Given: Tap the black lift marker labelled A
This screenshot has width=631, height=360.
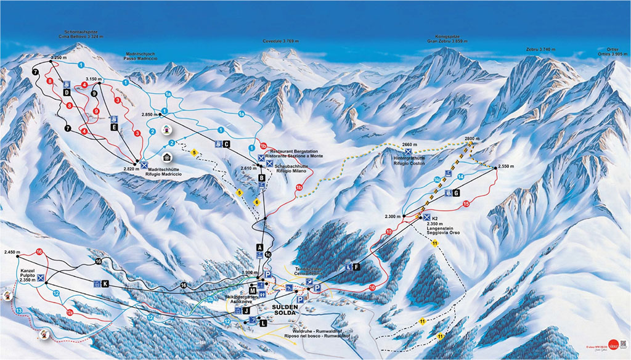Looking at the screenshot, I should point(260,248).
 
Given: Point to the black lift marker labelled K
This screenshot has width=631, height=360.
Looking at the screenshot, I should point(105,284).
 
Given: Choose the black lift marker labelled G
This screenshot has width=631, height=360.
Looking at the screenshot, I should point(457,193).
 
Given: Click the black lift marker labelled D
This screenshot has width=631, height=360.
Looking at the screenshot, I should point(66,92).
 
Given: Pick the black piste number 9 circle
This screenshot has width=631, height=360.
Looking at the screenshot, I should point(94,94).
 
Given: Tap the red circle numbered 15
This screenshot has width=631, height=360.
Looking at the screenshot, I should point(466,203).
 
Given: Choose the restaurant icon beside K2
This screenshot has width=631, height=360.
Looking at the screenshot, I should point(426,218).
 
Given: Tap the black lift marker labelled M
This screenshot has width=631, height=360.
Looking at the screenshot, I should point(253,290).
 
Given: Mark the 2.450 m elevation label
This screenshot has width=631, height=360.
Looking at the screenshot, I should point(12,252).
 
